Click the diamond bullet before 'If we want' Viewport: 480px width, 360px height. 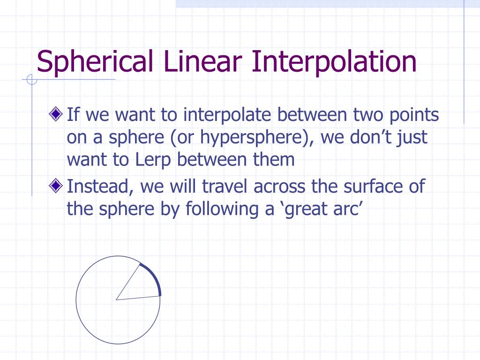pyautogui.click(x=56, y=114)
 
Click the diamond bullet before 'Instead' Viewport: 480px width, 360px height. pyautogui.click(x=56, y=187)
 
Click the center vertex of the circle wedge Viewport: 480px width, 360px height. pyautogui.click(x=117, y=299)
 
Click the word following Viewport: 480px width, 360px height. pyautogui.click(x=220, y=209)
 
